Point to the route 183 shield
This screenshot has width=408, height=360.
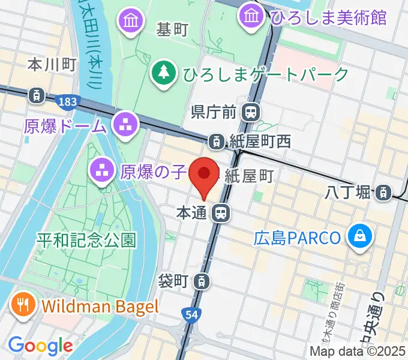[68, 102]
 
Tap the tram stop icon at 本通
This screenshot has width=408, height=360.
[222, 212]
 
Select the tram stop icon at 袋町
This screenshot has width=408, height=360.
[204, 280]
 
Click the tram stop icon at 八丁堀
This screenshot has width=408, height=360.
[381, 193]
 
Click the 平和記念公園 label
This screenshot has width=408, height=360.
[86, 241]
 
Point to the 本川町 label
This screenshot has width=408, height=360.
[53, 65]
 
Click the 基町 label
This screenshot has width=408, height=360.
[173, 29]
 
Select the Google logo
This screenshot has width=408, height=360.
[40, 346]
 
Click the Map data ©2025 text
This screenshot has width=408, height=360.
[358, 352]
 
